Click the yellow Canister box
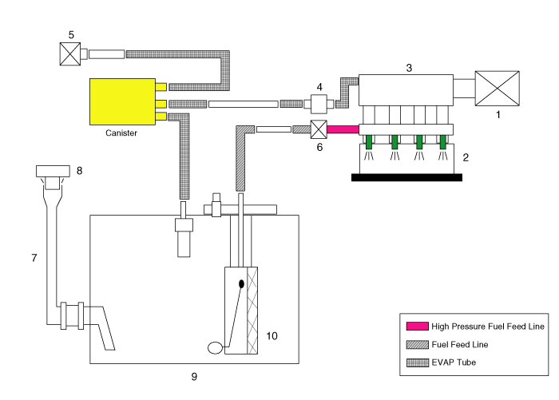[x=122, y=101]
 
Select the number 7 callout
[x=34, y=258]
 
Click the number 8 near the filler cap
[x=79, y=170]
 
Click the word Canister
[x=121, y=133]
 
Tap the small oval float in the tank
[x=216, y=347]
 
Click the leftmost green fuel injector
[x=370, y=142]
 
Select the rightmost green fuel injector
[x=442, y=142]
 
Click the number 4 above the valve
[x=319, y=86]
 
